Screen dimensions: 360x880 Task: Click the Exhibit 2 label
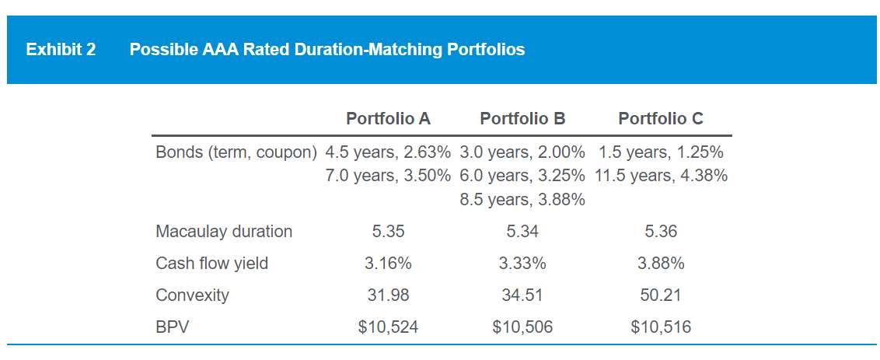(61, 50)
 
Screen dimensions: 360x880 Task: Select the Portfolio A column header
(388, 119)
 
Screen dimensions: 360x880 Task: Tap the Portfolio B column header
(522, 119)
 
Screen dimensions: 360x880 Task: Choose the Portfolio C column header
(661, 119)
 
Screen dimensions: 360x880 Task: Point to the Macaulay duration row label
(224, 231)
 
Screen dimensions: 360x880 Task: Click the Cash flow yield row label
(211, 264)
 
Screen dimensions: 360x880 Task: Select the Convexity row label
(192, 295)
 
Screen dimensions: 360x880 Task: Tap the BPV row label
(172, 327)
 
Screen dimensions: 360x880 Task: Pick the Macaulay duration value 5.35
(388, 231)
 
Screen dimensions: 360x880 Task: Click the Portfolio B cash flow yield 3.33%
(522, 264)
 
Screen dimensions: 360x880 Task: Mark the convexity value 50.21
(661, 295)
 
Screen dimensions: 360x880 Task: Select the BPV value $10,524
(388, 327)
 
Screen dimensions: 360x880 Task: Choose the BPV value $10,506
(522, 327)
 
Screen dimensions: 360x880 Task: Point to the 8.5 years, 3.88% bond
(522, 200)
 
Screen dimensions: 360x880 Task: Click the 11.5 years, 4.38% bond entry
(661, 176)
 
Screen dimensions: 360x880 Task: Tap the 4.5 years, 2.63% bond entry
(388, 152)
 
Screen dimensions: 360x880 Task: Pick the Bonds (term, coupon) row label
(236, 152)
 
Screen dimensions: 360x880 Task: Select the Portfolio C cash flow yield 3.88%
(661, 264)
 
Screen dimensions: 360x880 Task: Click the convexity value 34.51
(522, 295)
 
